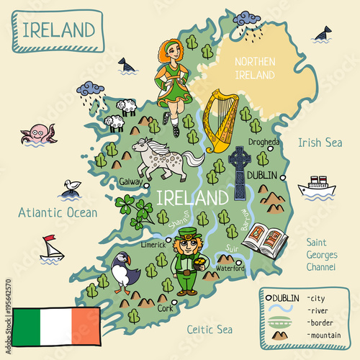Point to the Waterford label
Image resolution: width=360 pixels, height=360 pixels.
point(230,269)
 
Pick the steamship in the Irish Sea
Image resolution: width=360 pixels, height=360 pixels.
point(316,186)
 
